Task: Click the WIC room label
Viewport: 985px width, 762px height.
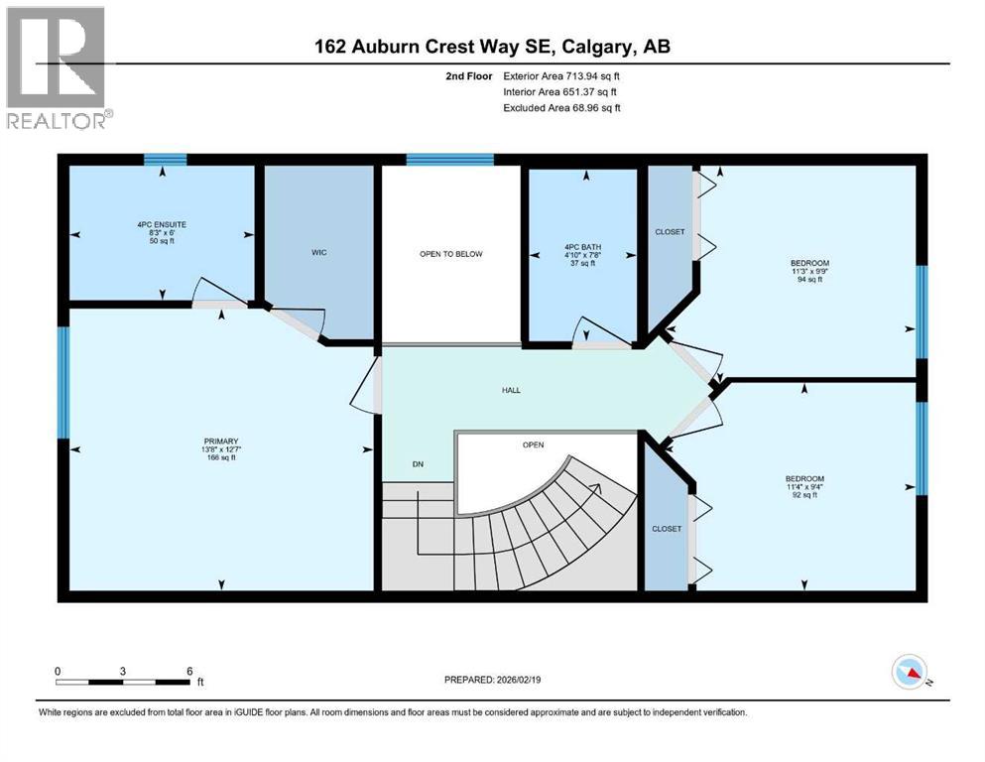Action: click(319, 253)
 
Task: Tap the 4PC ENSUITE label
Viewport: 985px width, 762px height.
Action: click(162, 224)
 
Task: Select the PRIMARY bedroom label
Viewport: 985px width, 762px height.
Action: click(221, 441)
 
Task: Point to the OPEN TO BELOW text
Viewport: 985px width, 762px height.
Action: click(451, 254)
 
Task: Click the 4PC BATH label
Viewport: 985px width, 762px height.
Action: click(583, 247)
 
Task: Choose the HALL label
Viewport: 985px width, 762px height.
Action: click(511, 390)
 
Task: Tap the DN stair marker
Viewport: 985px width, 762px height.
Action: click(418, 464)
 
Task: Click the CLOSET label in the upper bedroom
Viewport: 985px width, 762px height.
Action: click(671, 232)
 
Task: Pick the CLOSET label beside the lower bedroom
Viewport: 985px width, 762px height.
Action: click(667, 529)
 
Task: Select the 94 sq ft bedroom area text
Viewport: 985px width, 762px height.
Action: click(809, 280)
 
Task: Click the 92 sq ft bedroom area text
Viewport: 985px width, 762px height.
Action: click(804, 495)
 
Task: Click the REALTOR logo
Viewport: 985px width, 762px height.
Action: click(58, 67)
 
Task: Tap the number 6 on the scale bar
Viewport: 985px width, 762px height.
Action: click(189, 671)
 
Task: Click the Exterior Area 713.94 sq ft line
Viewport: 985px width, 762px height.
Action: click(561, 76)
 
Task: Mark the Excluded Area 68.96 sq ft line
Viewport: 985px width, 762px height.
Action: click(561, 107)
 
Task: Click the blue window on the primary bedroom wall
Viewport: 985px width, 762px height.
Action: click(62, 382)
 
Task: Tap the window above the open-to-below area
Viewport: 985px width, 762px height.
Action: click(449, 160)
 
